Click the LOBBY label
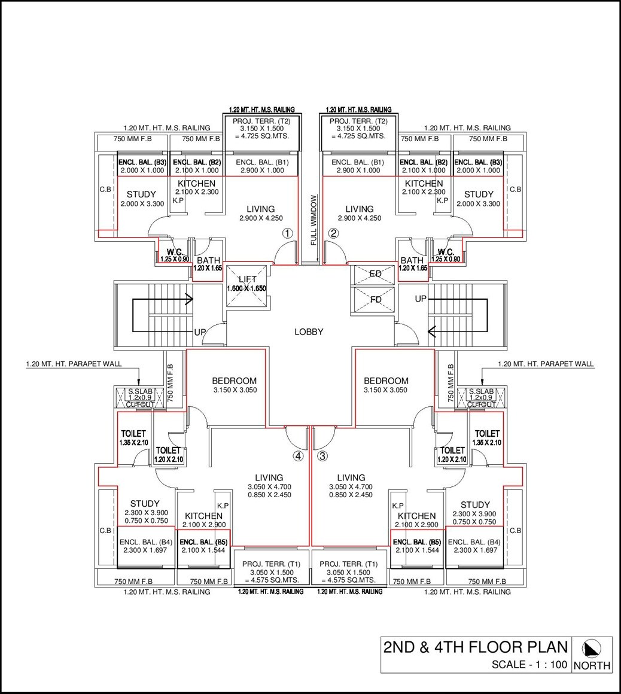tap(309, 332)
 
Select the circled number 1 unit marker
tap(288, 234)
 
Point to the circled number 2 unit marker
tap(334, 234)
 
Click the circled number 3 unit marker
tap(323, 456)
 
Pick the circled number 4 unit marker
tap(298, 456)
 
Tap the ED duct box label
tap(375, 274)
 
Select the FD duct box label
tap(375, 299)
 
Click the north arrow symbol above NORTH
tap(592, 648)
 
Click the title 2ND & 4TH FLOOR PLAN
tap(475, 647)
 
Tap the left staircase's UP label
tap(200, 332)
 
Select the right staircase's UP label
tap(421, 299)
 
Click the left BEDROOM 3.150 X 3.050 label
tap(235, 385)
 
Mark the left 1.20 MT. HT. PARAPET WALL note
tap(74, 364)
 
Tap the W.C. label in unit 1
tap(174, 252)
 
